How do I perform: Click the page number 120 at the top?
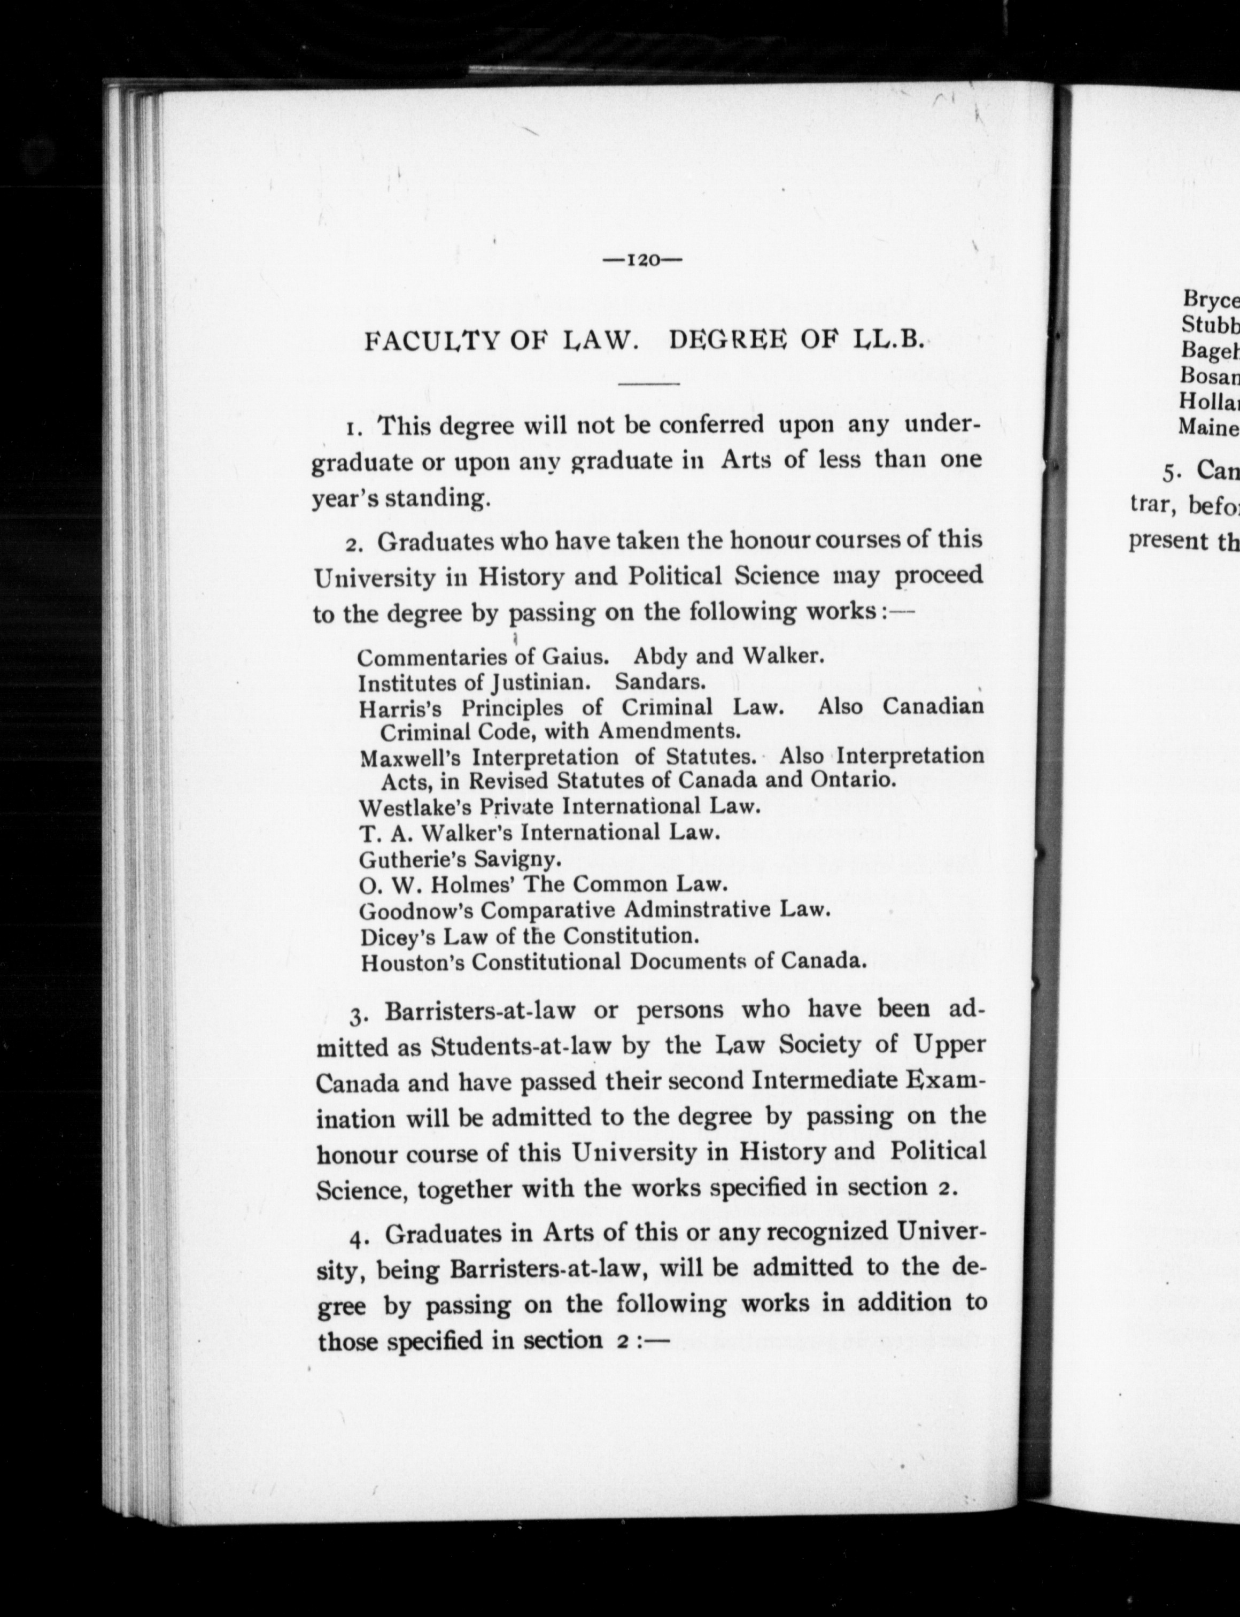click(x=641, y=260)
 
